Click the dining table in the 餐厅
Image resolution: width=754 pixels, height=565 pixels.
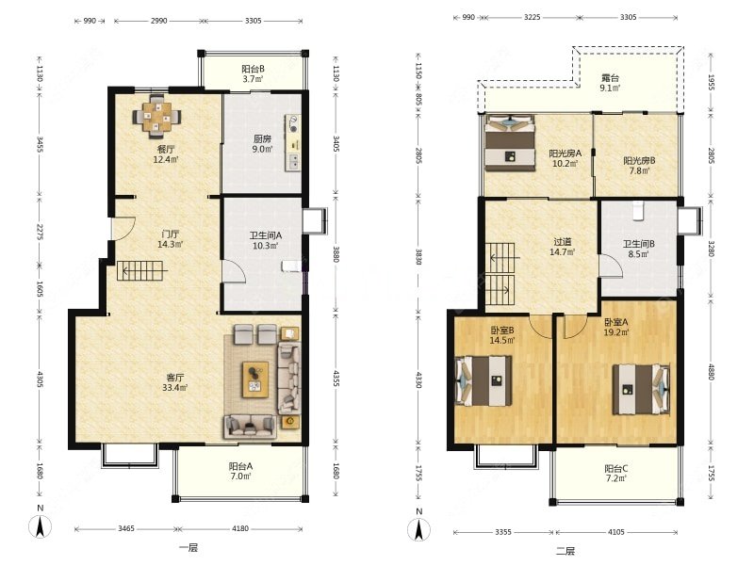tap(156, 115)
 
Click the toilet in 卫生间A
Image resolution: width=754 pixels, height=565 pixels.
tap(291, 266)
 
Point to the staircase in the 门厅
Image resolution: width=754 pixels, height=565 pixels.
tap(141, 271)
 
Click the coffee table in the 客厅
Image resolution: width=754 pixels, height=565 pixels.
tap(255, 379)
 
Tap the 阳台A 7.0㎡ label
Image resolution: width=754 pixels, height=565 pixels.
tap(240, 472)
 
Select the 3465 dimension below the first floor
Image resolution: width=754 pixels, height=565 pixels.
tap(126, 528)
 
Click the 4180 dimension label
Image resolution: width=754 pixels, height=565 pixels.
tap(240, 528)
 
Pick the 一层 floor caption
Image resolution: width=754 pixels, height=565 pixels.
tap(188, 547)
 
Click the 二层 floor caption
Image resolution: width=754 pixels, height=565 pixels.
tap(565, 551)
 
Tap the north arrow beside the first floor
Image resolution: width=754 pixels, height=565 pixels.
tap(41, 528)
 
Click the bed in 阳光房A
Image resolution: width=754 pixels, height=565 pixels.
tap(510, 143)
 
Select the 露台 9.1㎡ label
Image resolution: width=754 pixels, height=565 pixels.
tap(610, 83)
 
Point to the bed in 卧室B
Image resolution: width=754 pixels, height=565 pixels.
tap(484, 380)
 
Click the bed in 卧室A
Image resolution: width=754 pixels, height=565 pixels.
tap(641, 390)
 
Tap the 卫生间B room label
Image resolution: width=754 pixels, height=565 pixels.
tap(638, 249)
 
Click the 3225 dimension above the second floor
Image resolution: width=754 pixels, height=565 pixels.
tap(532, 17)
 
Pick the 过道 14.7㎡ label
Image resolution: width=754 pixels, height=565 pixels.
tap(562, 247)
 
